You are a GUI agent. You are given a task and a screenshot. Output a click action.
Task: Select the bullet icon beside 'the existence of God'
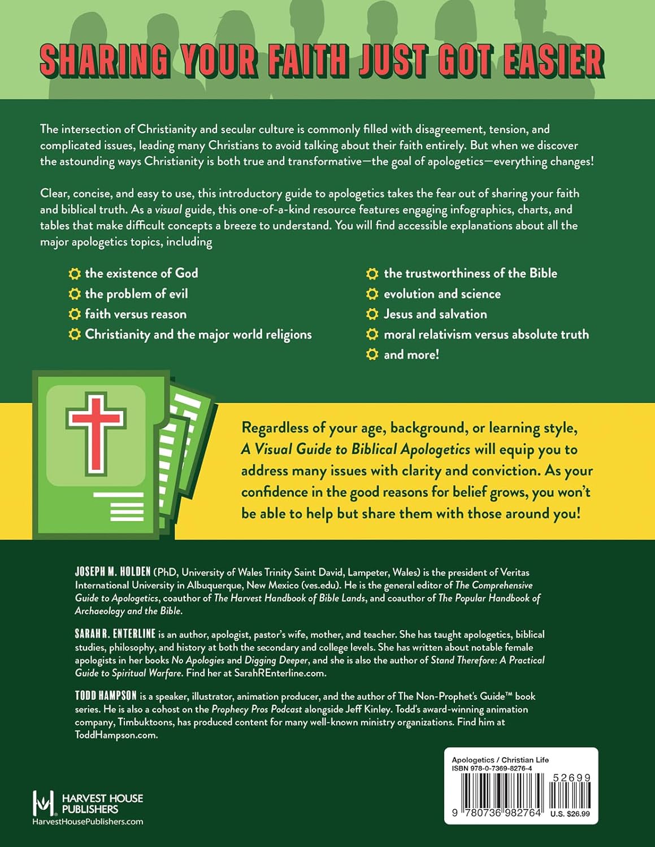pos(75,274)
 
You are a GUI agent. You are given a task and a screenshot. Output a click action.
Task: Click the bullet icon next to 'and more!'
pos(372,355)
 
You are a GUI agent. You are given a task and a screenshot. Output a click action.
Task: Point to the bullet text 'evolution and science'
pos(442,294)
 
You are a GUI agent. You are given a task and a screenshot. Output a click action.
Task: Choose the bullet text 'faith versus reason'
pos(136,314)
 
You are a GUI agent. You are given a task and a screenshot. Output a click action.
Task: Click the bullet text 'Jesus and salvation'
pos(435,314)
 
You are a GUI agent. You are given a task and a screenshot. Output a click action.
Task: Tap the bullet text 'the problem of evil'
pos(136,294)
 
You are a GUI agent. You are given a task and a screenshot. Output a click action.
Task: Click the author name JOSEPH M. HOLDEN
pos(113,572)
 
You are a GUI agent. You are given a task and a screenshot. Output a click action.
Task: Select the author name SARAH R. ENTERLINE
pos(115,634)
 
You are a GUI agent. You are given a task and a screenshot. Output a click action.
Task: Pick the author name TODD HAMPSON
pos(106,696)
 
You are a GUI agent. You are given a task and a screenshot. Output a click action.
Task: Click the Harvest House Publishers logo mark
pos(44,802)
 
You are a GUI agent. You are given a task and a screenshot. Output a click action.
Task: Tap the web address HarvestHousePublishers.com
pos(88,822)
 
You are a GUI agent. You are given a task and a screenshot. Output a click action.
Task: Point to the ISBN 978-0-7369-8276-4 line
pos(492,769)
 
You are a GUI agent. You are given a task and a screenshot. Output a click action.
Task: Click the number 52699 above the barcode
pos(571,778)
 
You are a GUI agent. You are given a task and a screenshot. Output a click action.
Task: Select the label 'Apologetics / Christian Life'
pos(500,760)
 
